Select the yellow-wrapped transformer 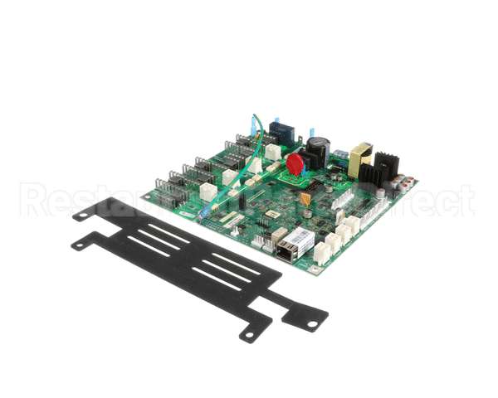[361, 160]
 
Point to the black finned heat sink [386, 169]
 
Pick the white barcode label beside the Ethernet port [302, 240]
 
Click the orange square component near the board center [306, 198]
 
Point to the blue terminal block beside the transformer [340, 156]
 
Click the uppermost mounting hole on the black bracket [81, 214]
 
